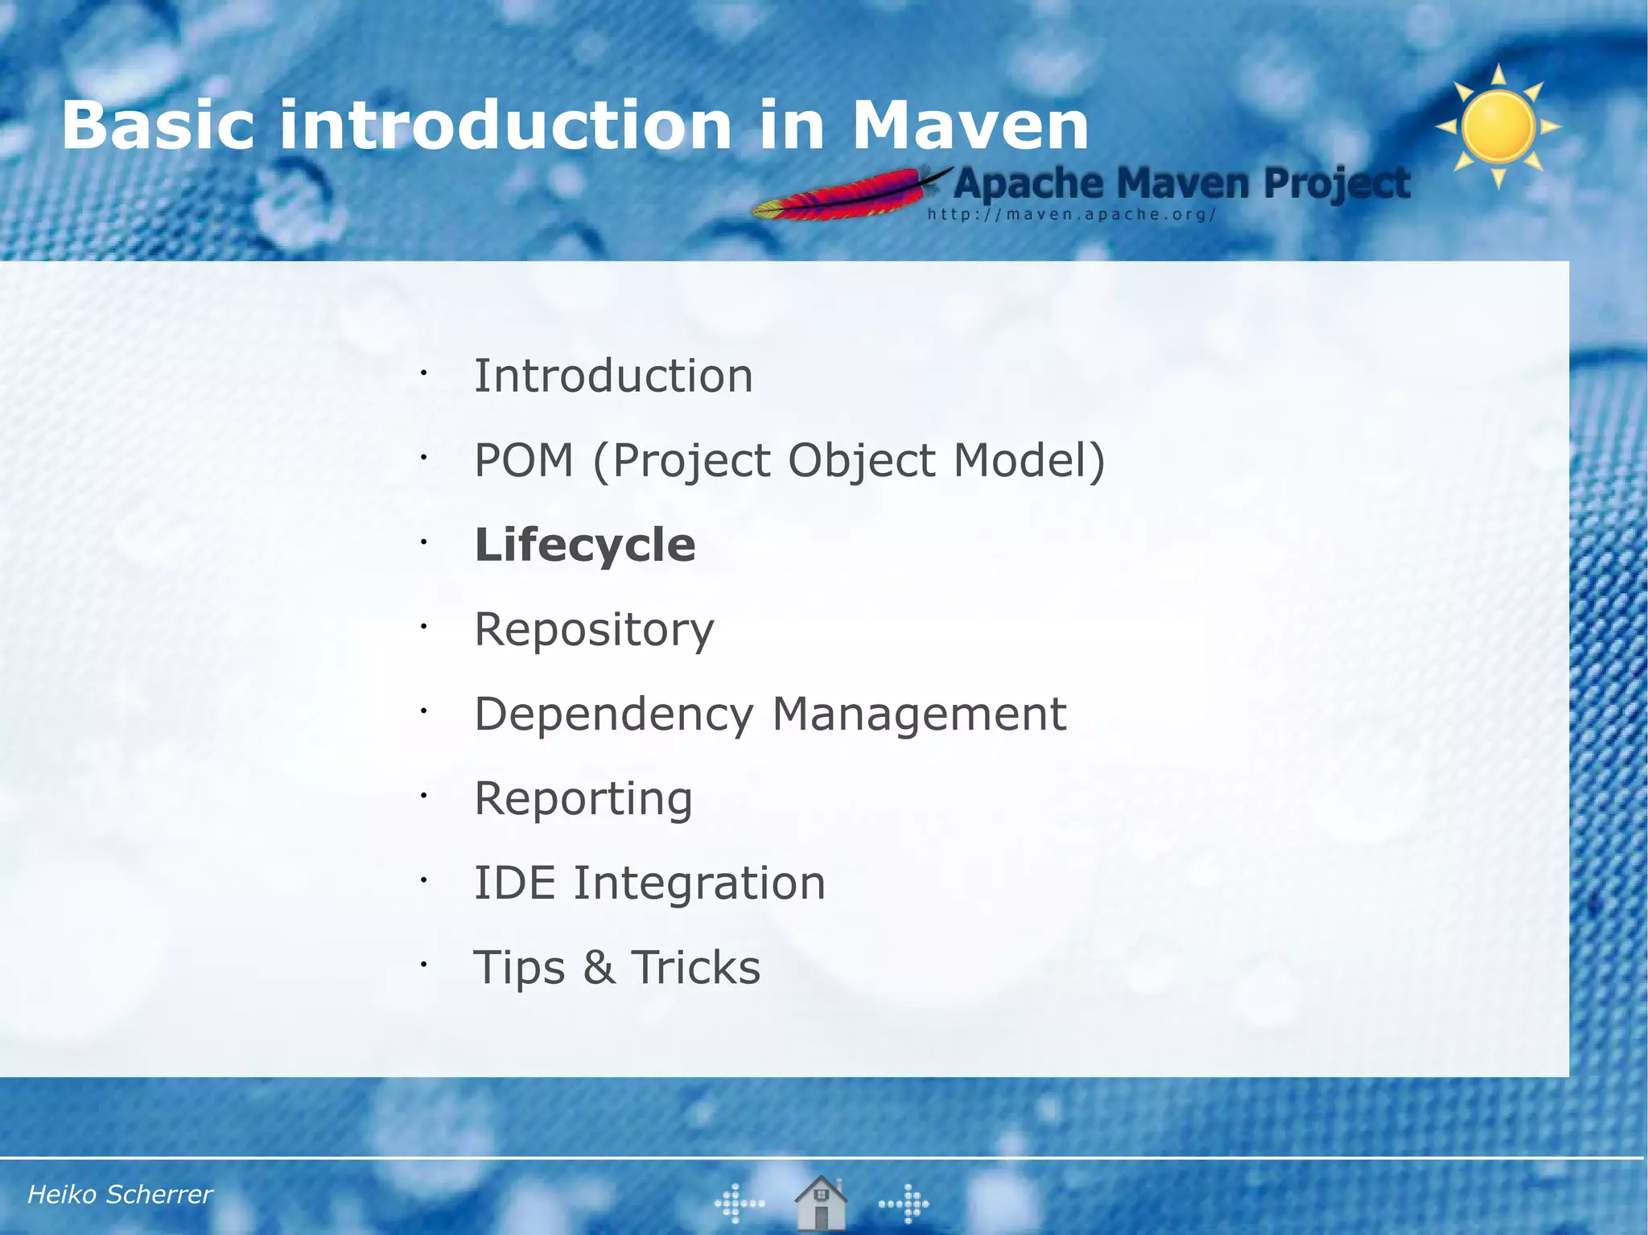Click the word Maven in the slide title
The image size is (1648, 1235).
click(970, 126)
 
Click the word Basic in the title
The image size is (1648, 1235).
click(158, 126)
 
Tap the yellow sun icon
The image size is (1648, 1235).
click(1498, 127)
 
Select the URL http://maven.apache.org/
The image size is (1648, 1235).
click(1071, 215)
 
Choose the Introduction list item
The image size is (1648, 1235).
click(613, 377)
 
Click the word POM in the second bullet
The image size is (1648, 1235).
click(524, 461)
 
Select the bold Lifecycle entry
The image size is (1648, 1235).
click(585, 545)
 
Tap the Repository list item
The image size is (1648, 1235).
click(594, 630)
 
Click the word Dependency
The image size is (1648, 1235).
click(614, 714)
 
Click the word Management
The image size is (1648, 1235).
click(919, 714)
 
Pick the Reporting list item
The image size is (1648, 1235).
click(583, 799)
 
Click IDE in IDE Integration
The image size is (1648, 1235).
click(514, 883)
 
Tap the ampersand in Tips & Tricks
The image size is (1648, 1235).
click(599, 968)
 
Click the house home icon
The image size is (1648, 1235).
click(821, 1203)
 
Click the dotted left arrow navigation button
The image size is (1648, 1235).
click(739, 1204)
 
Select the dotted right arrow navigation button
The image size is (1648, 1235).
click(904, 1204)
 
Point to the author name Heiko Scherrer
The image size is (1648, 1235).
click(120, 1195)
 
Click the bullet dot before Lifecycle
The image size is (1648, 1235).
click(422, 543)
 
